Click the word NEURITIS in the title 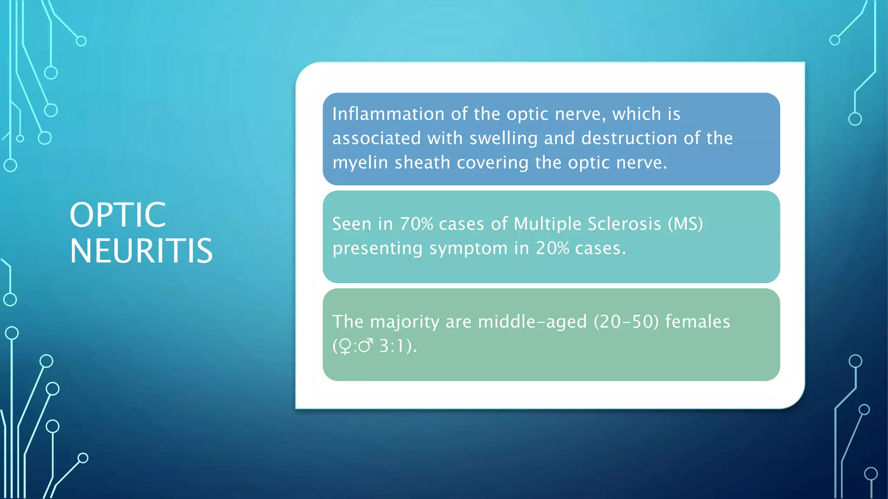[x=141, y=251]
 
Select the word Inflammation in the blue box [x=388, y=114]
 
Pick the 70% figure [x=416, y=224]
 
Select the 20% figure [x=552, y=248]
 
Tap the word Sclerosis [x=624, y=224]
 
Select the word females [x=697, y=322]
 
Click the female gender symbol [x=345, y=347]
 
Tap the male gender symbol [x=366, y=346]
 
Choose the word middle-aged [x=532, y=322]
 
